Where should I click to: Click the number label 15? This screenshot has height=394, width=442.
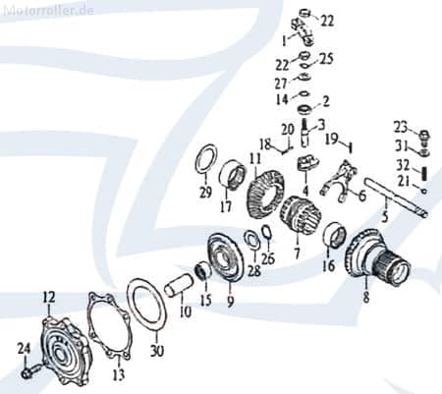(x=205, y=298)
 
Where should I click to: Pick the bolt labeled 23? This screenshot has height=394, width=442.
(x=425, y=135)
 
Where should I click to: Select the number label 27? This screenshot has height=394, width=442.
(x=281, y=84)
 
